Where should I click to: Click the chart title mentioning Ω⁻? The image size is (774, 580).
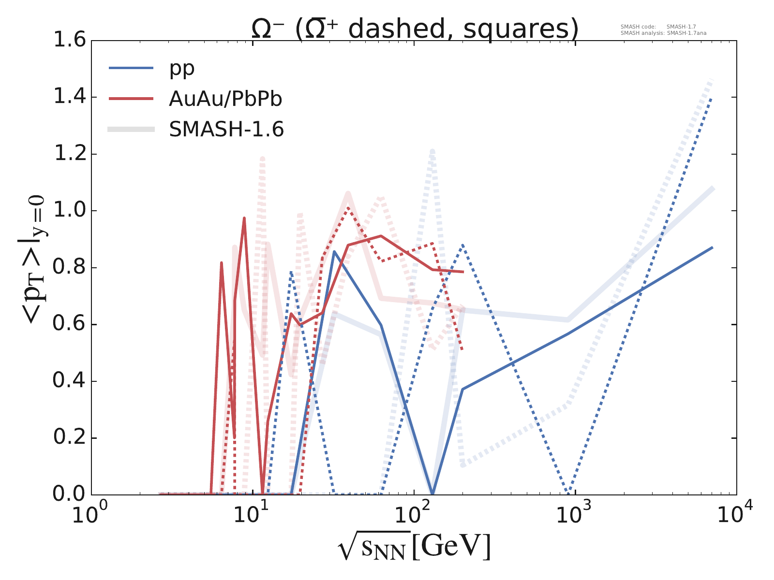pos(415,29)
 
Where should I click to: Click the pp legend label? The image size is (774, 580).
pos(182,68)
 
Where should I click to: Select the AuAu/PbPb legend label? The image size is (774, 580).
pos(225,99)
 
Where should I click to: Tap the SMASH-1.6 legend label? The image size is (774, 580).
pos(226,129)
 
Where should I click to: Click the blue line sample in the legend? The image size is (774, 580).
pos(131,68)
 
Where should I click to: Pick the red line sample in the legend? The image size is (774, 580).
pos(131,99)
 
